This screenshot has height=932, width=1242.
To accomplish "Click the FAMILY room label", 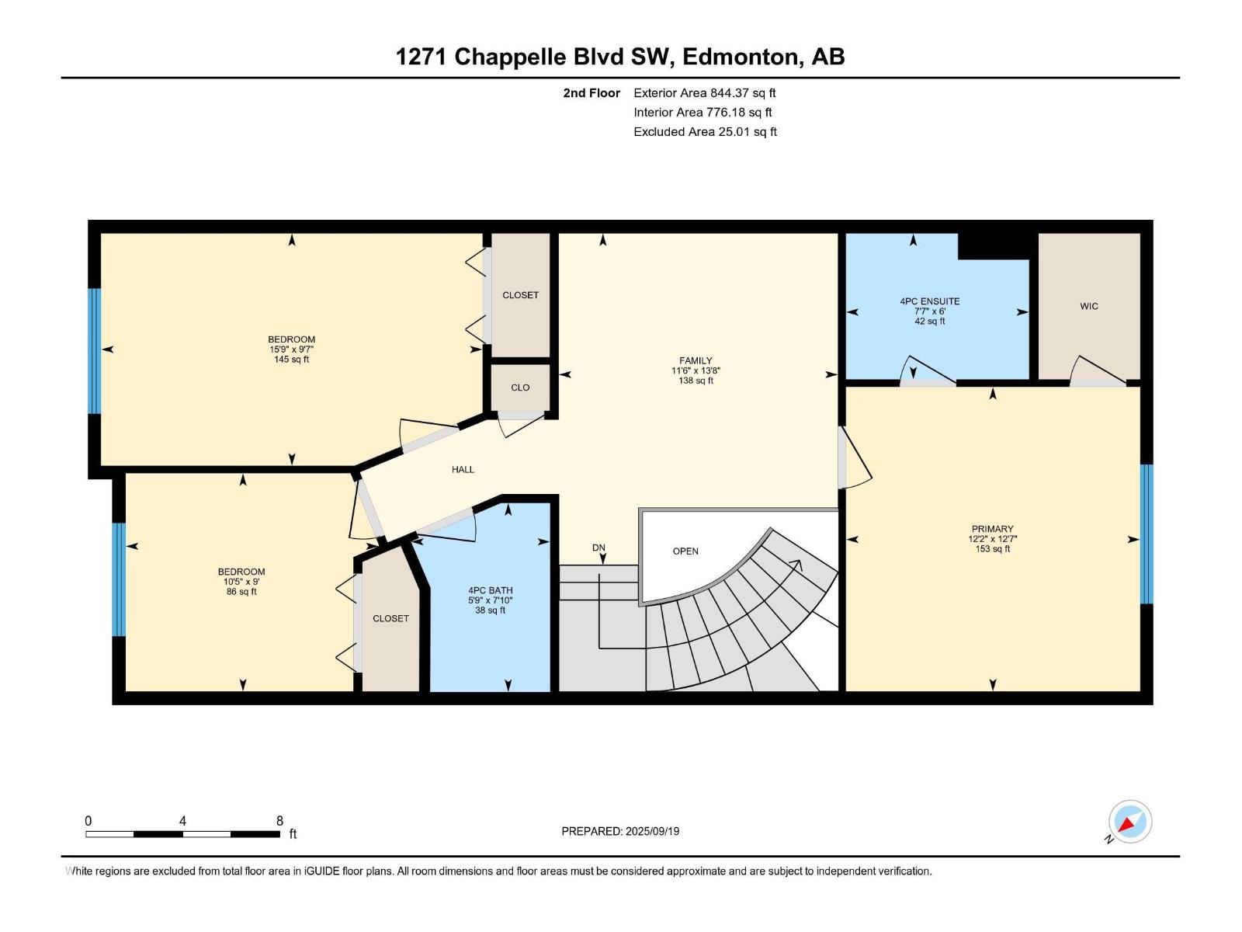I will click(x=696, y=360).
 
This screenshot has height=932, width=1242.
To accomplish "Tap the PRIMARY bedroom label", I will click(x=992, y=529).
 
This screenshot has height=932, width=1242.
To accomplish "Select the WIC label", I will click(x=1089, y=306).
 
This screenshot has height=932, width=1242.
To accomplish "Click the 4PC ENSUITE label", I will click(x=930, y=301).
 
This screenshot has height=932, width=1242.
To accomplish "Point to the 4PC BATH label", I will click(x=491, y=590).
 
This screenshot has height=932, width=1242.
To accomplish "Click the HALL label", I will click(x=463, y=469).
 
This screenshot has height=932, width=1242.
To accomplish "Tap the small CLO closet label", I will click(x=520, y=388).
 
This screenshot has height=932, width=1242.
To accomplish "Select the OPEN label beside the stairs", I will click(x=685, y=551).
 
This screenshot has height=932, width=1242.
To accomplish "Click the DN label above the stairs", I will click(x=598, y=548).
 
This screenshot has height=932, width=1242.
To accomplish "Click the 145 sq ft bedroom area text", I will click(x=292, y=360).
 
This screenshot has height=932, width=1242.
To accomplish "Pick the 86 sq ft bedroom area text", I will click(x=241, y=592).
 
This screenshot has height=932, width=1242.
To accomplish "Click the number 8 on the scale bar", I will click(x=279, y=821).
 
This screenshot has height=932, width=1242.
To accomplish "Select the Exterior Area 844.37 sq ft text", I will click(x=704, y=93).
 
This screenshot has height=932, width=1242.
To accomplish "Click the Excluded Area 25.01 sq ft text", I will click(x=705, y=132).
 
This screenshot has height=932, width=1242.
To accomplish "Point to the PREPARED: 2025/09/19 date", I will click(x=620, y=831).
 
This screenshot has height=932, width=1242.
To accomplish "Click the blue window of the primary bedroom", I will click(x=1147, y=534).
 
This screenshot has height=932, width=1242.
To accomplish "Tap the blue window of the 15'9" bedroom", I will click(x=95, y=351).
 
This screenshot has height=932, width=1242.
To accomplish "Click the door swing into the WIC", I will click(x=1096, y=369).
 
